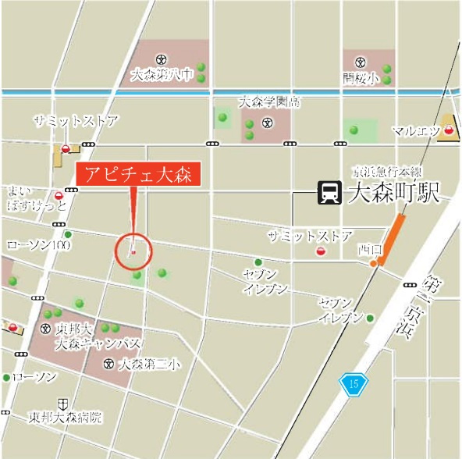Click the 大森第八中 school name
pyautogui.click(x=162, y=76)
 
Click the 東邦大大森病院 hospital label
pyautogui.click(x=66, y=417)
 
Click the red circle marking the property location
pyautogui.click(x=133, y=251)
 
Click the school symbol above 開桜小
pyautogui.click(x=360, y=62)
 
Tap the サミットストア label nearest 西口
pyautogui.click(x=310, y=236)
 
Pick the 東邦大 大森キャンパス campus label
pyautogui.click(x=98, y=336)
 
